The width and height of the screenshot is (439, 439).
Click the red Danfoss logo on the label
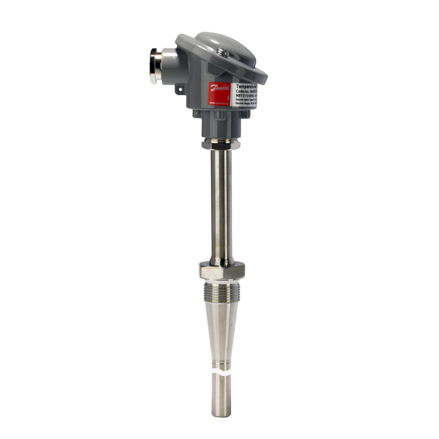[219, 91]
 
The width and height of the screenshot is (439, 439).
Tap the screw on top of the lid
[223, 52]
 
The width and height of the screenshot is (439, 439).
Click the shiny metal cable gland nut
[155, 65]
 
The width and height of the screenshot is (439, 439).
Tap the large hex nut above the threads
[222, 270]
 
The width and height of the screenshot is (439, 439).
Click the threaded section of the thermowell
[222, 292]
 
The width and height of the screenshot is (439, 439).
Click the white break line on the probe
[222, 372]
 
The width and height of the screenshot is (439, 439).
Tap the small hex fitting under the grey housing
[222, 144]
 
